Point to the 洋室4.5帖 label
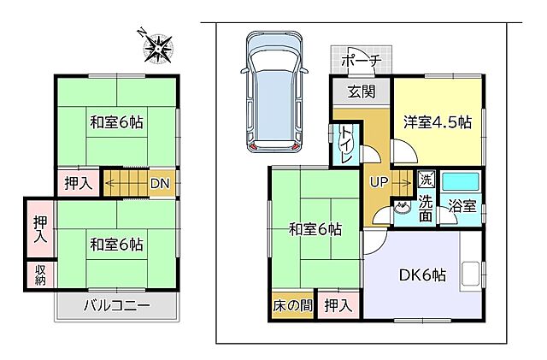[x=438, y=121]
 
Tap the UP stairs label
[x=378, y=181]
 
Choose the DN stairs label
[x=160, y=182]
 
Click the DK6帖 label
[x=421, y=275]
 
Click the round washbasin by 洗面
[x=402, y=207]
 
